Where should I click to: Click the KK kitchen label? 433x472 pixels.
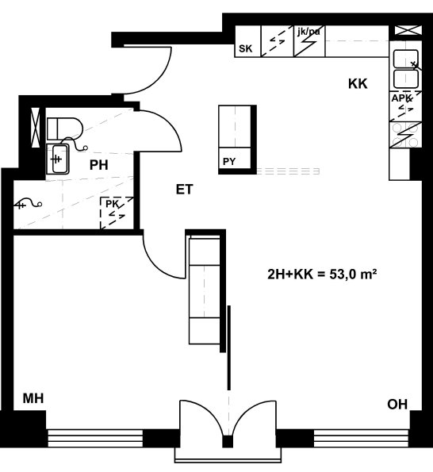pos(358,83)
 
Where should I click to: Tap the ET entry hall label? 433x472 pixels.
pos(184,190)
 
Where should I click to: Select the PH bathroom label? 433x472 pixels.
pos(98,165)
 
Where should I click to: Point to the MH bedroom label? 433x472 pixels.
pos(33,398)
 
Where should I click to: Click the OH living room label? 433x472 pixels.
pos(397,405)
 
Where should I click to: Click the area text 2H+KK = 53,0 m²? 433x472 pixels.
pos(322,274)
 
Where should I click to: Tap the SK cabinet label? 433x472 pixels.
pos(246,48)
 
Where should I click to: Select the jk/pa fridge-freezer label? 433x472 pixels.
pos(308,31)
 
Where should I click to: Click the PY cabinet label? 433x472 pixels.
pos(229,162)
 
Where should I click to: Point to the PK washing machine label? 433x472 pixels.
pos(112,204)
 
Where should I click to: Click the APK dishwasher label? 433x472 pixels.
pos(401,98)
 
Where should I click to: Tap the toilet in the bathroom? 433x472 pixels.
pos(65,129)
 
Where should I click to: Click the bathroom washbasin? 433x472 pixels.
pos(57,159)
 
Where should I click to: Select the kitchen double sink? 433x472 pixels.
pos(405,69)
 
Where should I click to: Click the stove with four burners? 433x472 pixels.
pos(405,135)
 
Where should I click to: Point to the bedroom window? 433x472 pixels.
pos(95,438)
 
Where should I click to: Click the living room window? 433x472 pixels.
pos(361,438)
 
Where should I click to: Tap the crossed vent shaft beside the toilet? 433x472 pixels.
pos(36,128)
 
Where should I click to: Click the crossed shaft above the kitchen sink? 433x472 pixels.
pos(408,30)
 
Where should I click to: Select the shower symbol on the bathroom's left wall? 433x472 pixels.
pos(28,204)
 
